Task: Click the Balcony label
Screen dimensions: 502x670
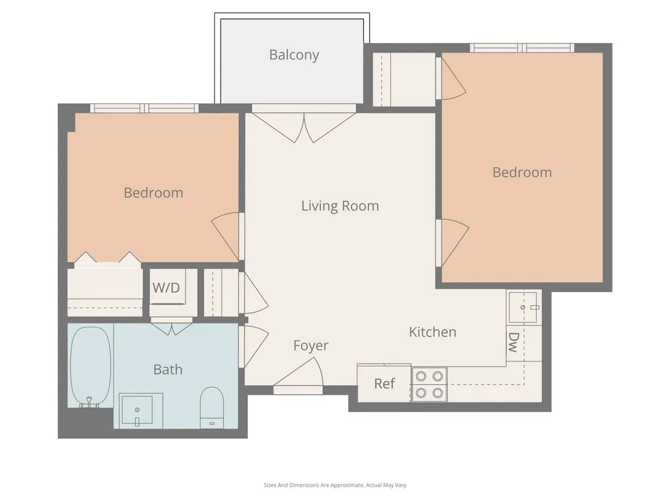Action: (x=294, y=55)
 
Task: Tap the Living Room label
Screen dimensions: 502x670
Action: (x=340, y=206)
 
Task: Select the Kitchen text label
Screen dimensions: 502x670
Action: (x=433, y=332)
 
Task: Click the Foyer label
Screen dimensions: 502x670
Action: (x=311, y=346)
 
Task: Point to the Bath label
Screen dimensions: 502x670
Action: (x=167, y=369)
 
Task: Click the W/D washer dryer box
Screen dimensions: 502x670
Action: (x=167, y=288)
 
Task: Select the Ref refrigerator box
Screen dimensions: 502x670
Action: (x=384, y=384)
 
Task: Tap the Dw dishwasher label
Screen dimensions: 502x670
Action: (x=513, y=342)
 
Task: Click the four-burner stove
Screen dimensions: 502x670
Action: (x=429, y=384)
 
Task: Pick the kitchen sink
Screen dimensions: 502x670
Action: (x=523, y=307)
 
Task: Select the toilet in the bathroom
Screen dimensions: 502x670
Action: (x=212, y=407)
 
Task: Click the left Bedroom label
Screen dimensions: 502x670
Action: (x=153, y=193)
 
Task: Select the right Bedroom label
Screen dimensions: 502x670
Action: (x=522, y=172)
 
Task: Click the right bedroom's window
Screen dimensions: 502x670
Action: (x=522, y=48)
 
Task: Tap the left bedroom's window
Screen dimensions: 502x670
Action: (x=145, y=108)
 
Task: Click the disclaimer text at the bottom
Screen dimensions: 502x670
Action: (x=335, y=485)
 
